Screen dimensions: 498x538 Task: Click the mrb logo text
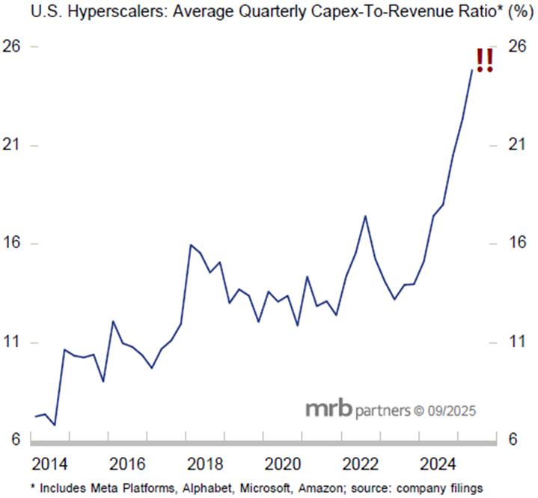click(x=327, y=411)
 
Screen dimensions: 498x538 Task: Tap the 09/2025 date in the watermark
click(x=451, y=411)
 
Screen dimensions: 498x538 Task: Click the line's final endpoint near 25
click(x=471, y=70)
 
